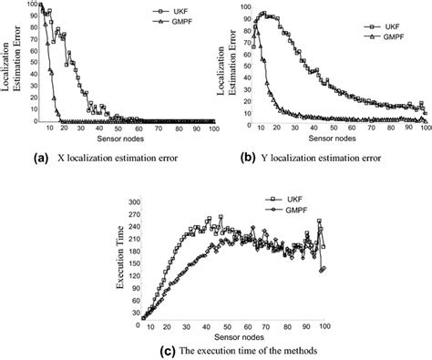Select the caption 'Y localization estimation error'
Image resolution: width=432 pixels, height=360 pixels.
(x=319, y=158)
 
